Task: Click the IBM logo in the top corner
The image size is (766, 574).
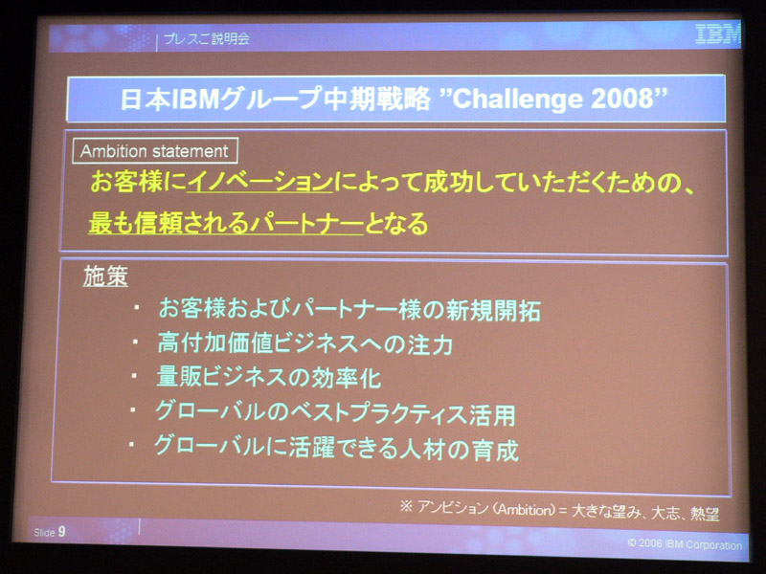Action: coord(718,34)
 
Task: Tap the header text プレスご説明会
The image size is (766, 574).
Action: coord(206,38)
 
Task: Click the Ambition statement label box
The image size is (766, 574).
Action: coord(155,151)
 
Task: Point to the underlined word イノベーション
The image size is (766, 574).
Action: coord(259,182)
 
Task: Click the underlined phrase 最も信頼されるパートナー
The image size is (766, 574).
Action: coord(226,223)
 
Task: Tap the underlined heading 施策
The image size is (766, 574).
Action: coord(105,276)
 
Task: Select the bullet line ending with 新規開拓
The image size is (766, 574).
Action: coord(349,309)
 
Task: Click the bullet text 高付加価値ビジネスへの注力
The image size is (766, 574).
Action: coord(304,343)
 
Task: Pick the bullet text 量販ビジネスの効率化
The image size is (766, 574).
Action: coord(269,377)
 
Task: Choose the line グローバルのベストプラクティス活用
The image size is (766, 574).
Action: coord(335,412)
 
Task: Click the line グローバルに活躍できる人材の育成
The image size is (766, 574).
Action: coord(336,448)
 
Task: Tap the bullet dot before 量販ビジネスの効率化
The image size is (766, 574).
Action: coord(134,376)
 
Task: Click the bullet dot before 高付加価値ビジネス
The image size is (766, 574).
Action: coord(135,342)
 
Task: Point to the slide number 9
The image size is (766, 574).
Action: coord(61,532)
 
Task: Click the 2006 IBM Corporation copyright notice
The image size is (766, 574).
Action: coord(685,544)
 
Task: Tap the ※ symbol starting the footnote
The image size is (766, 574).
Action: coord(406,506)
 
